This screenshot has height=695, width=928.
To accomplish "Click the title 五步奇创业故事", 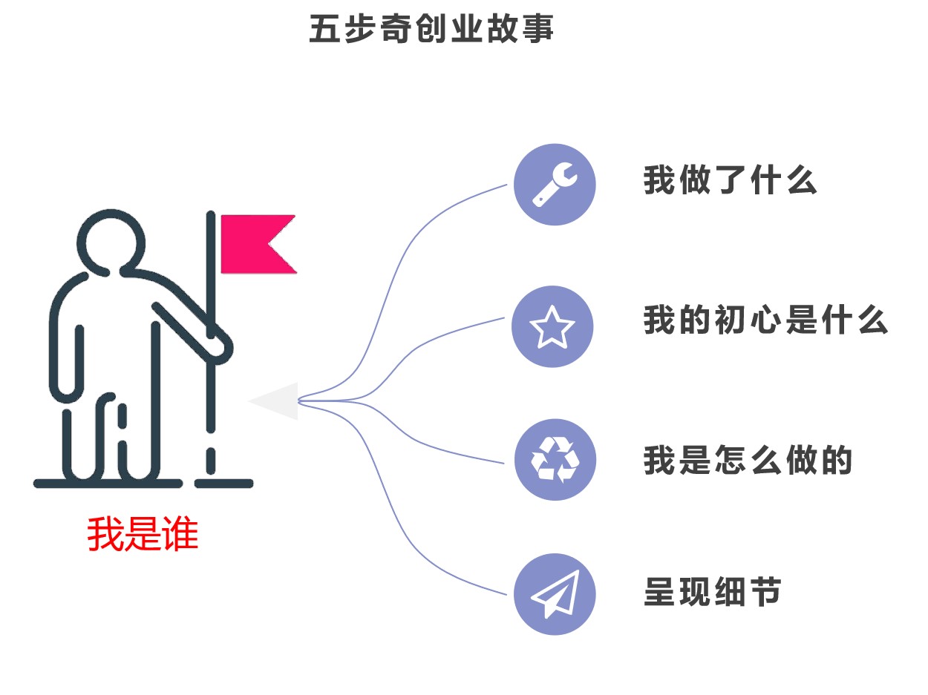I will pos(431,30).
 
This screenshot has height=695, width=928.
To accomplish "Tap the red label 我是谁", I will pos(143,534).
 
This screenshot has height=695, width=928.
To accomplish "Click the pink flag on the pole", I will pos(256,244).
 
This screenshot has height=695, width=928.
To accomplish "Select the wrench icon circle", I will pos(555,184).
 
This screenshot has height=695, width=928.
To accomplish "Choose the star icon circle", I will pos(552,326).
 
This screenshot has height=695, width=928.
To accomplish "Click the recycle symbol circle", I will pos(555,460).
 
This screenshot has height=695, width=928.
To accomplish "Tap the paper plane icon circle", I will pos(555,594).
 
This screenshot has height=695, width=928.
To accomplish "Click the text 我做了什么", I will pos(730,181).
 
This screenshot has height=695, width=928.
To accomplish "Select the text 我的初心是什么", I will pos(765,321).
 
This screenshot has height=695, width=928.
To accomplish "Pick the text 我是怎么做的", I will pos(748,461).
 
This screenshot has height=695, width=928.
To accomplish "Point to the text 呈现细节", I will pos(712,593).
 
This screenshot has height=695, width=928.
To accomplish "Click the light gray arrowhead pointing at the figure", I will pos(275,401).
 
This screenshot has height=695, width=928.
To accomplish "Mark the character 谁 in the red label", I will pos(180,534).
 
